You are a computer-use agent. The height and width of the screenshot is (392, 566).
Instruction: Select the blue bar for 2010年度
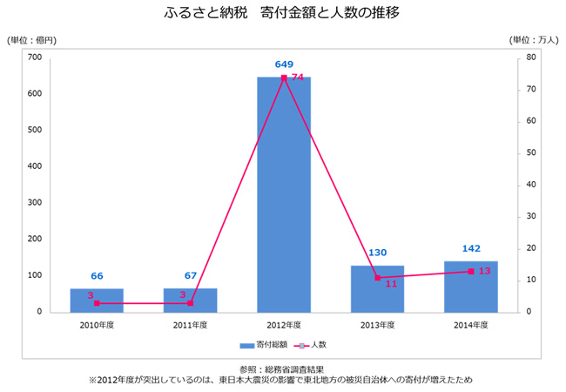pos(97,300)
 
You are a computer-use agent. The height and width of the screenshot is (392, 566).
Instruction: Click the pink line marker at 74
pos(284,78)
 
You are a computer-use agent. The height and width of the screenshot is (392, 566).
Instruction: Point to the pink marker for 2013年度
pos(377,277)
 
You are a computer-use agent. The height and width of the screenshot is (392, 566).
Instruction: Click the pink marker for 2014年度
pos(471,271)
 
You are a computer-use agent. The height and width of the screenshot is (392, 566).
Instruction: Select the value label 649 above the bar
pos(284,64)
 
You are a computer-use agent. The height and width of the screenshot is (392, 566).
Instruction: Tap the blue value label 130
pos(377,253)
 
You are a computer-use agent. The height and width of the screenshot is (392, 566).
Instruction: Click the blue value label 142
pos(471,248)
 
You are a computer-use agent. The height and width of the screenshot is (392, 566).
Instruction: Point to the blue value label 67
pos(191,276)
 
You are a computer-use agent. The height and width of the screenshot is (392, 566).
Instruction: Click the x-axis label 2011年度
pos(191,324)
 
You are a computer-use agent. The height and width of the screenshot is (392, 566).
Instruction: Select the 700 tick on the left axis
pos(35,57)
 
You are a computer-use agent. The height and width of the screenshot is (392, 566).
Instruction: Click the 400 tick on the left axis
pos(35,166)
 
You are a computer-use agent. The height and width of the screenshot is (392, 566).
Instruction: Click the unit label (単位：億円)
pos(32,40)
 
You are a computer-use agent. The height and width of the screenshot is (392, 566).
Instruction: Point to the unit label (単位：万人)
pos(533,40)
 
